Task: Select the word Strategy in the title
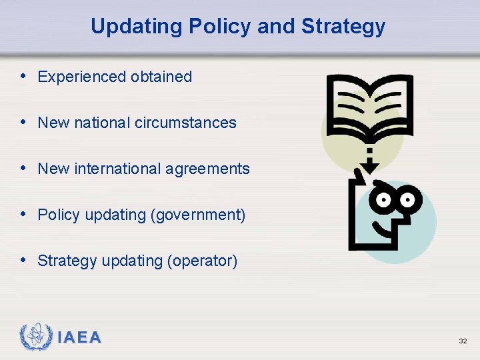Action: [343, 26]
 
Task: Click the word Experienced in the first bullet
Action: [82, 77]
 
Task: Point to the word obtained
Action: [161, 77]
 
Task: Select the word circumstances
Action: [185, 123]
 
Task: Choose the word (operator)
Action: [202, 261]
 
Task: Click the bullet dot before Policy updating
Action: [24, 215]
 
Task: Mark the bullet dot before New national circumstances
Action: [24, 122]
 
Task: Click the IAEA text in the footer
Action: [79, 338]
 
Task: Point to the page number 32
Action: [462, 341]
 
